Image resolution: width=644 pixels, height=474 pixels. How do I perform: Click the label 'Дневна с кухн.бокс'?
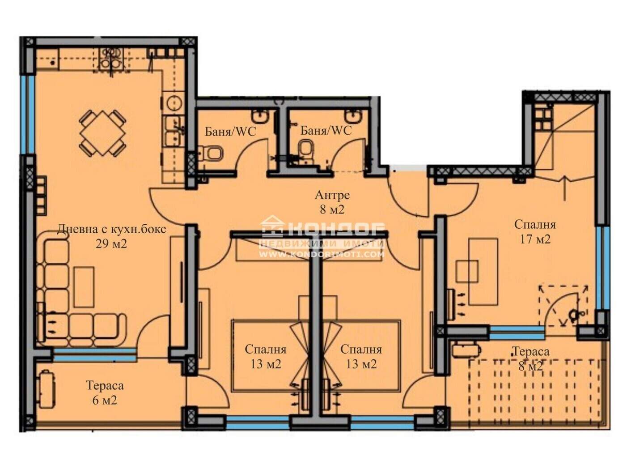pyautogui.click(x=111, y=229)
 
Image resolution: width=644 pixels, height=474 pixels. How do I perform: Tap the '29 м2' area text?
pyautogui.click(x=111, y=244)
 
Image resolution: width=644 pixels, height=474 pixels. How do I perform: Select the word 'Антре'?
pyautogui.click(x=332, y=195)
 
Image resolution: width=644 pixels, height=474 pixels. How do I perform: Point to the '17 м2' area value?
pyautogui.click(x=535, y=239)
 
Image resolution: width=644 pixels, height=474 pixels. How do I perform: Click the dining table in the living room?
pyautogui.click(x=103, y=133)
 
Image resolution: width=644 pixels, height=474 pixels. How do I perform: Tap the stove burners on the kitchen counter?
pyautogui.click(x=111, y=59)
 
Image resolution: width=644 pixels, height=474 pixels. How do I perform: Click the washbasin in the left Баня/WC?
pyautogui.click(x=260, y=116)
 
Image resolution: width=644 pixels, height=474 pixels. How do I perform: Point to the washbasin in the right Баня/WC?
pyautogui.click(x=353, y=116)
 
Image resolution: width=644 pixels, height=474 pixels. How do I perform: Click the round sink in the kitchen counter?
pyautogui.click(x=174, y=103)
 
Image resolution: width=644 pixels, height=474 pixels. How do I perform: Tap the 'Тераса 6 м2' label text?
pyautogui.click(x=105, y=393)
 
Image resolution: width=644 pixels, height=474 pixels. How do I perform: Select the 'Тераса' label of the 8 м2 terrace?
pyautogui.click(x=531, y=351)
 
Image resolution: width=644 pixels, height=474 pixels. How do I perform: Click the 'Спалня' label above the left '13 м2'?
pyautogui.click(x=265, y=350)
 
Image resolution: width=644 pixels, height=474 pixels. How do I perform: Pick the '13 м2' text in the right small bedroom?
pyautogui.click(x=361, y=364)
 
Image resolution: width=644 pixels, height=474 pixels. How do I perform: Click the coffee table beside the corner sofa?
pyautogui.click(x=84, y=287)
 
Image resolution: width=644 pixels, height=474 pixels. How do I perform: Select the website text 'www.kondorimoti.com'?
pyautogui.click(x=322, y=254)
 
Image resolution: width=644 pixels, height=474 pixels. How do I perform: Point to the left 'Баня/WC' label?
pyautogui.click(x=230, y=132)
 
